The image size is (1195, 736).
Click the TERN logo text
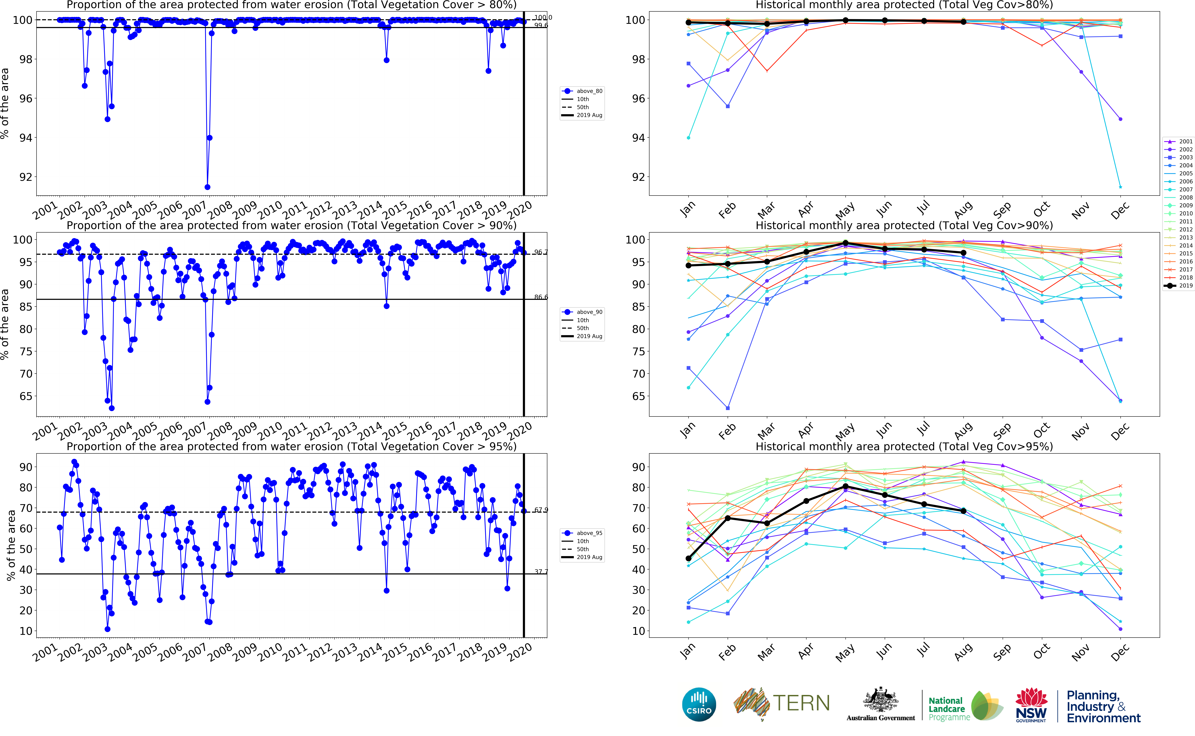[801, 703]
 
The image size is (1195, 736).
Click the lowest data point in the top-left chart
[207, 187]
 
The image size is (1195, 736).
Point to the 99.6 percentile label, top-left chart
[541, 25]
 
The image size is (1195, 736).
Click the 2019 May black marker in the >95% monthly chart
[845, 486]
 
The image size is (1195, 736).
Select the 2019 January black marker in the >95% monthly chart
[688, 558]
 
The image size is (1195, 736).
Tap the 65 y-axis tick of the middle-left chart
[25, 396]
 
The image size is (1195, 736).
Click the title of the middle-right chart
[904, 225]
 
